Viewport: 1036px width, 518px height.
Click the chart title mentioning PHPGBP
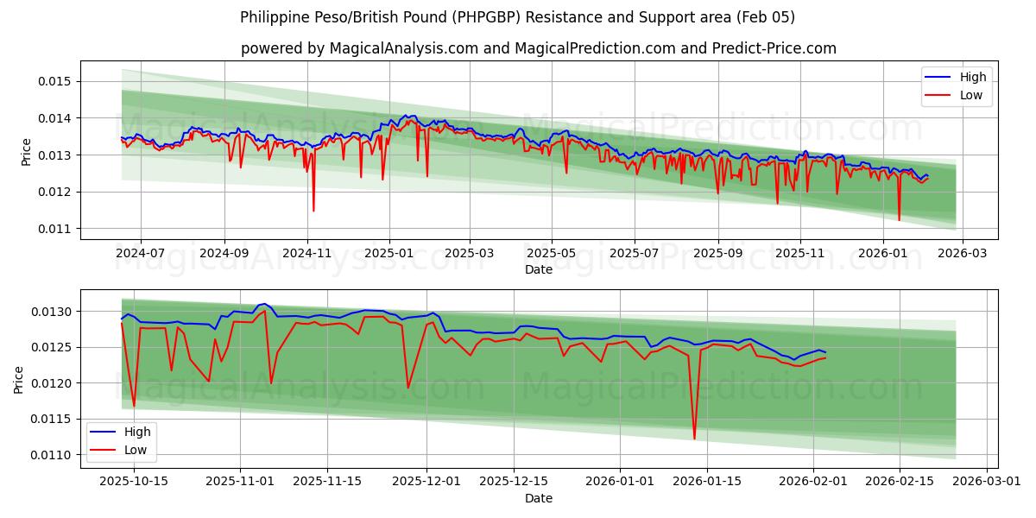(517, 17)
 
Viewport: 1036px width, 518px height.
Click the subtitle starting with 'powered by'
(539, 48)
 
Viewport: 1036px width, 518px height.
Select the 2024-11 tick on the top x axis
(307, 255)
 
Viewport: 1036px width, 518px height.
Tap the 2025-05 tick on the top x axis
(551, 255)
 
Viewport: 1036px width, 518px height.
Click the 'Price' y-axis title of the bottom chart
(19, 379)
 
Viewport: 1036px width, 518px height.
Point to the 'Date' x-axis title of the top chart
(539, 269)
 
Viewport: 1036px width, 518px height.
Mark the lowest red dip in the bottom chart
(694, 439)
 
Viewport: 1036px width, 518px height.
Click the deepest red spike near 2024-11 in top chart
(313, 211)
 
